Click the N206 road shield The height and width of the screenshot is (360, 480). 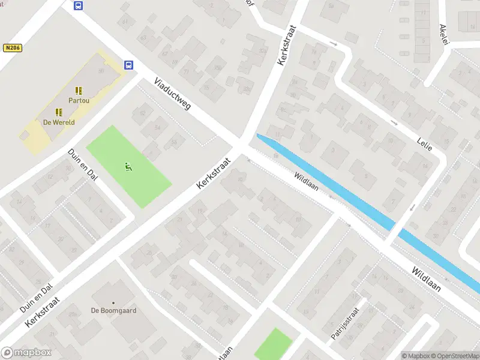[x=12, y=47]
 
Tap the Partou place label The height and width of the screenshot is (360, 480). [x=79, y=100]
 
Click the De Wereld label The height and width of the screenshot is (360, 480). [x=59, y=122]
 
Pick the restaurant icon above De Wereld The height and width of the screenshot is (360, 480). [x=59, y=112]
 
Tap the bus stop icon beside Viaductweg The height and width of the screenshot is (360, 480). [x=128, y=65]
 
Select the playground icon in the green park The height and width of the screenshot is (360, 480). [x=128, y=166]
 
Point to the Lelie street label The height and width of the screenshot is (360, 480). [x=424, y=143]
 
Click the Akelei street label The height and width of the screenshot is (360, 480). [x=444, y=30]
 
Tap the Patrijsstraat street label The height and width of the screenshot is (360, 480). [x=344, y=324]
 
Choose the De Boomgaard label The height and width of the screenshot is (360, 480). [x=113, y=311]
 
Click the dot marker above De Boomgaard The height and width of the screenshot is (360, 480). [x=113, y=303]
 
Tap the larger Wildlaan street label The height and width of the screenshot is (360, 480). [x=426, y=279]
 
